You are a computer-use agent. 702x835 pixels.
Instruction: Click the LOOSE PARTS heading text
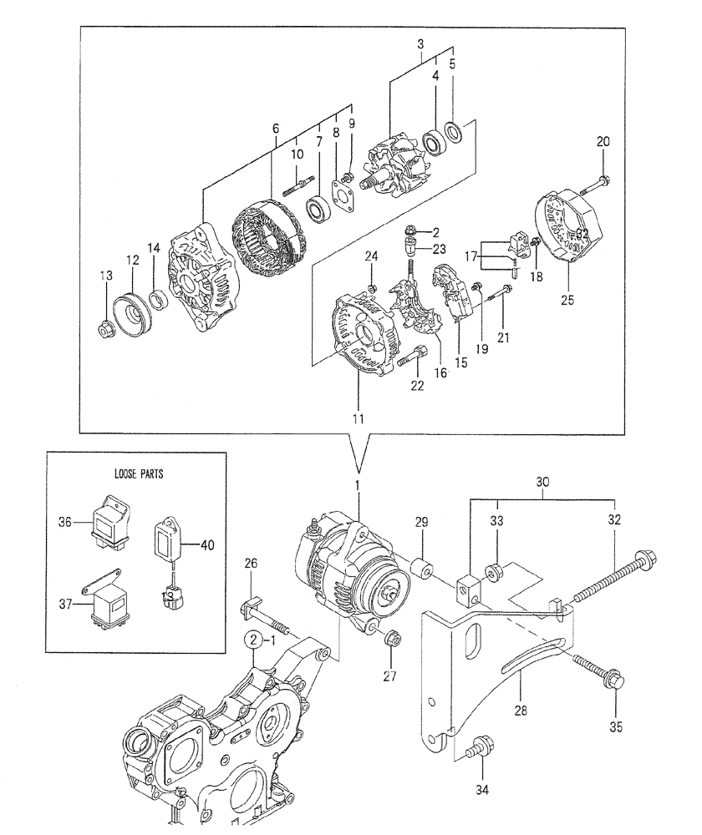click(x=138, y=473)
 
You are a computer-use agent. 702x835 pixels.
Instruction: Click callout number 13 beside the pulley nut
click(x=105, y=277)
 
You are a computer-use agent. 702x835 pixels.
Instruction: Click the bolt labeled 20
click(x=603, y=180)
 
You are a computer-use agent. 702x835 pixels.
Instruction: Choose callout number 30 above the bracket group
click(x=542, y=483)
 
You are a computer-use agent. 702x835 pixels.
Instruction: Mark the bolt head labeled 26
click(x=248, y=605)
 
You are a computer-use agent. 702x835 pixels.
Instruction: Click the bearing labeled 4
click(x=436, y=141)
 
